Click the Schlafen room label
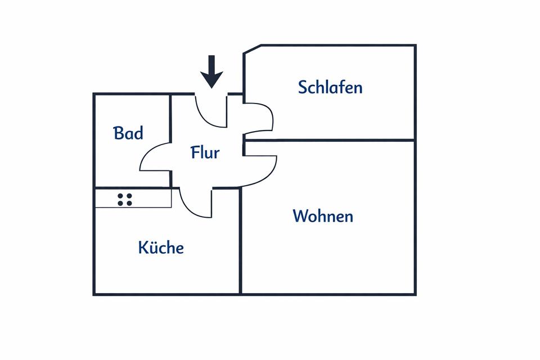click(x=330, y=87)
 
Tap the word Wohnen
click(x=323, y=216)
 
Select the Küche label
click(x=161, y=247)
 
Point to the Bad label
click(x=128, y=133)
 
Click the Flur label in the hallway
click(x=205, y=152)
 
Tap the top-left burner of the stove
click(x=121, y=195)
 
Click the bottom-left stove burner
click(x=121, y=202)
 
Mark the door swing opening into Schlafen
click(x=259, y=119)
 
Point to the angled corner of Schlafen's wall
click(x=252, y=49)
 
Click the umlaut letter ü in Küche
click(x=152, y=247)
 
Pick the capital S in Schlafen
click(x=304, y=87)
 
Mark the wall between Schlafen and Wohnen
click(x=330, y=139)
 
